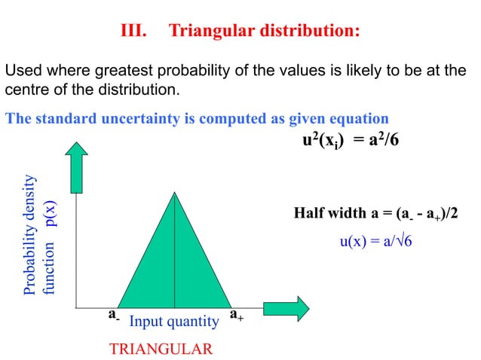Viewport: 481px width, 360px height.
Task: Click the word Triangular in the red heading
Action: pos(209,31)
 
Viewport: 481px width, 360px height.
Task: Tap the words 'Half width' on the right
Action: pos(329,215)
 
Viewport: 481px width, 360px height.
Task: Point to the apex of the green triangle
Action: pos(174,194)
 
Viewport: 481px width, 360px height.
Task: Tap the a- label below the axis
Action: pos(113,315)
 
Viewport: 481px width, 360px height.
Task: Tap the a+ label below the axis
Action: pos(235,315)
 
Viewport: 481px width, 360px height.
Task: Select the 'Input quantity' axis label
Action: pos(174,322)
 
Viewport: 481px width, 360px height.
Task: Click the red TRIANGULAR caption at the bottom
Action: pos(161,349)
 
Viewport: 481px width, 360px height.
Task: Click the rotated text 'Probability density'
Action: pos(30,235)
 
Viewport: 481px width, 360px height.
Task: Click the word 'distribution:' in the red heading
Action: pos(307,31)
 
